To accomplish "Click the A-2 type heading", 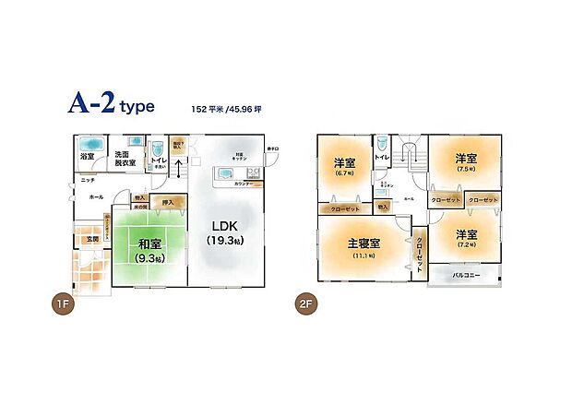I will point(110,105).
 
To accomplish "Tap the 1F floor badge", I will point(63,302).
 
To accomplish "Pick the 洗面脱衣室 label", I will point(125,159).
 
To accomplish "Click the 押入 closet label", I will point(167,202).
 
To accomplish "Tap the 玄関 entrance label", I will point(81,241).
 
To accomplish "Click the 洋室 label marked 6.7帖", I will point(345,163).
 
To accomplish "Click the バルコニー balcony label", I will point(464,275).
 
